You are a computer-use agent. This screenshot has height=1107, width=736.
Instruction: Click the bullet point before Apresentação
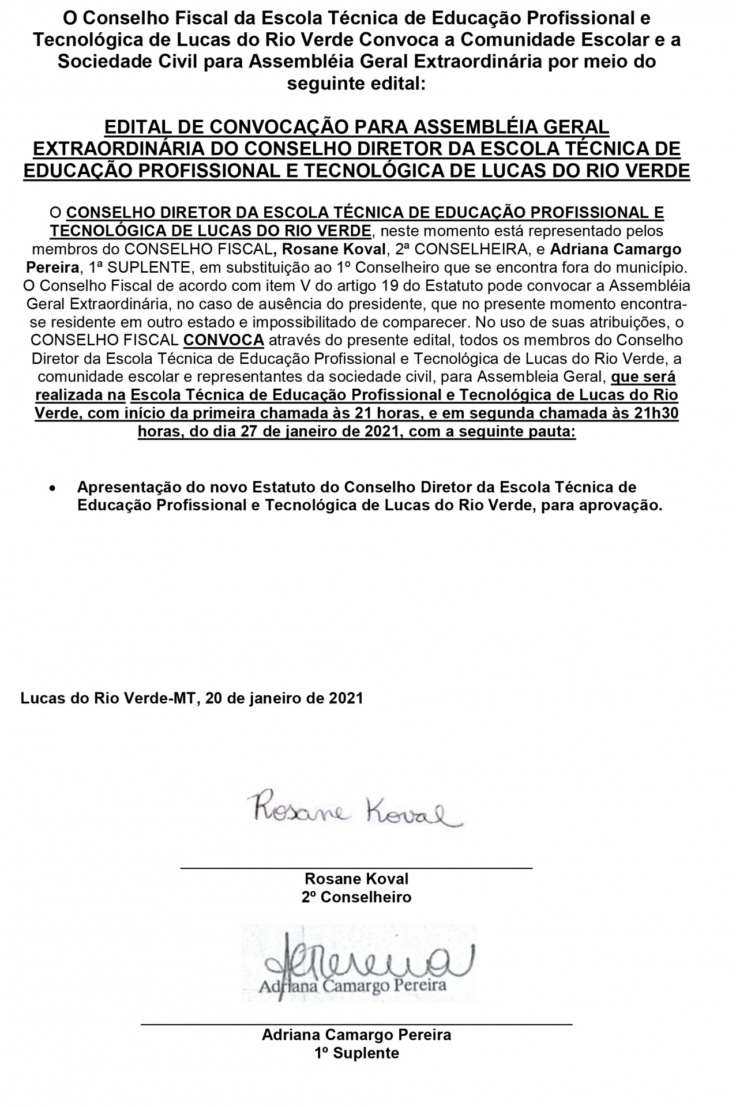coord(53,488)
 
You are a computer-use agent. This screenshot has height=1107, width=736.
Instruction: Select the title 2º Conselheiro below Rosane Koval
coord(356,897)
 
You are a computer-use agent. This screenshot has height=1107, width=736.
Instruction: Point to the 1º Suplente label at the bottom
coord(356,1053)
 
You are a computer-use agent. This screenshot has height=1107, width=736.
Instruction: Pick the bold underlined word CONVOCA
coord(223,340)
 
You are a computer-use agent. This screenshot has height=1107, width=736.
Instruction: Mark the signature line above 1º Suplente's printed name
coord(356,1024)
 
